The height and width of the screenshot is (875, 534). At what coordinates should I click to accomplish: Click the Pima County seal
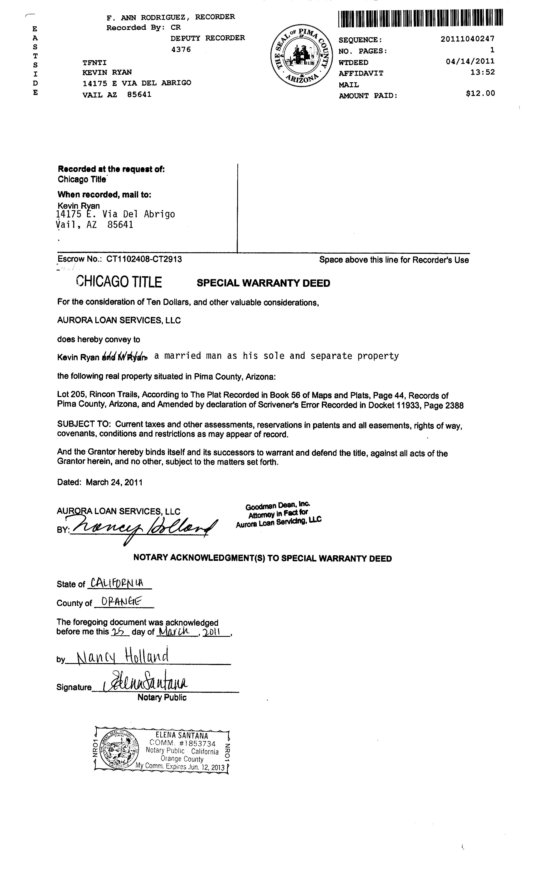coord(302,56)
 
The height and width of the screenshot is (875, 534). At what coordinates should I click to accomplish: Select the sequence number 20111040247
coord(467,39)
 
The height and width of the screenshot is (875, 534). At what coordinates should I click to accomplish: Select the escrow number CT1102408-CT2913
coord(144,259)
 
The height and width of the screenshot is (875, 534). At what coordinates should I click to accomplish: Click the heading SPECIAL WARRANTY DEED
coord(263,283)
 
